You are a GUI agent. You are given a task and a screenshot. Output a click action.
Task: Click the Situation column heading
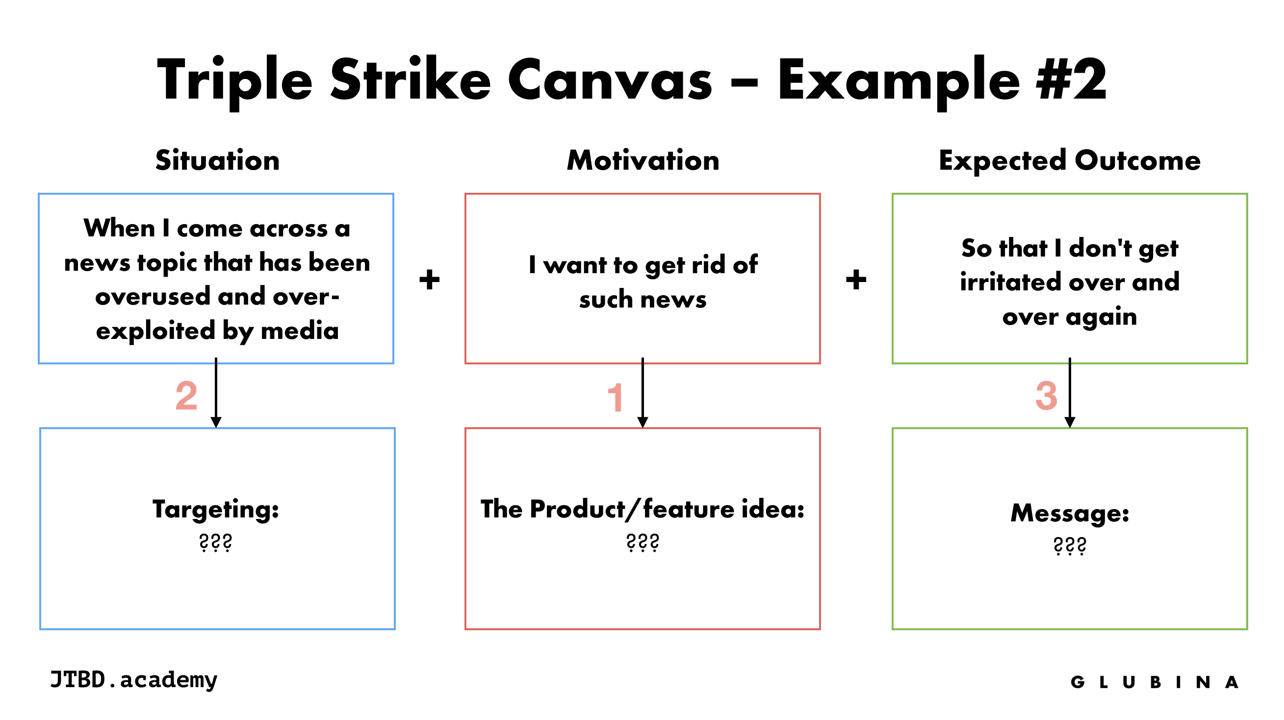click(217, 160)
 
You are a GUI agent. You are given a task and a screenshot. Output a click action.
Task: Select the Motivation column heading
click(642, 160)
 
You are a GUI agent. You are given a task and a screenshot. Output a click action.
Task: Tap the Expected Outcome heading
click(1069, 160)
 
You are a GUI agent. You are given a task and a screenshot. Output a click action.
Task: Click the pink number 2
click(186, 396)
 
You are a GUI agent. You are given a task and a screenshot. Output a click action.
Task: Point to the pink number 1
click(616, 397)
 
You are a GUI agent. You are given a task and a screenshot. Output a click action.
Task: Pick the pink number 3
click(1046, 396)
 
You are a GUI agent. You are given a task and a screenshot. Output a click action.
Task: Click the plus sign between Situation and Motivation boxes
click(429, 279)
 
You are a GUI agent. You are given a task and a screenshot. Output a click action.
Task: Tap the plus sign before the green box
click(856, 279)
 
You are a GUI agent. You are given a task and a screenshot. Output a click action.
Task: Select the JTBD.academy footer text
click(133, 680)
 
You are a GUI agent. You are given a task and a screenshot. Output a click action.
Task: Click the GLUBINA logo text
click(1154, 682)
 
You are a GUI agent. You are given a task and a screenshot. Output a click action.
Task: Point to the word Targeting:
click(216, 510)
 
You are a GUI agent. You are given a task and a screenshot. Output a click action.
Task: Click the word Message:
click(1070, 513)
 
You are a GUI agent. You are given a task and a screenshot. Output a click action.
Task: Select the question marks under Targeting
click(216, 542)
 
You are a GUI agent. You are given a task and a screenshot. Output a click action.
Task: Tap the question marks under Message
click(1070, 546)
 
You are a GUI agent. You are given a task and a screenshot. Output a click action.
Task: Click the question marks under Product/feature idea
click(642, 542)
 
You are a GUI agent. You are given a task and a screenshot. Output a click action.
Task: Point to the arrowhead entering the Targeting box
click(216, 422)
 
